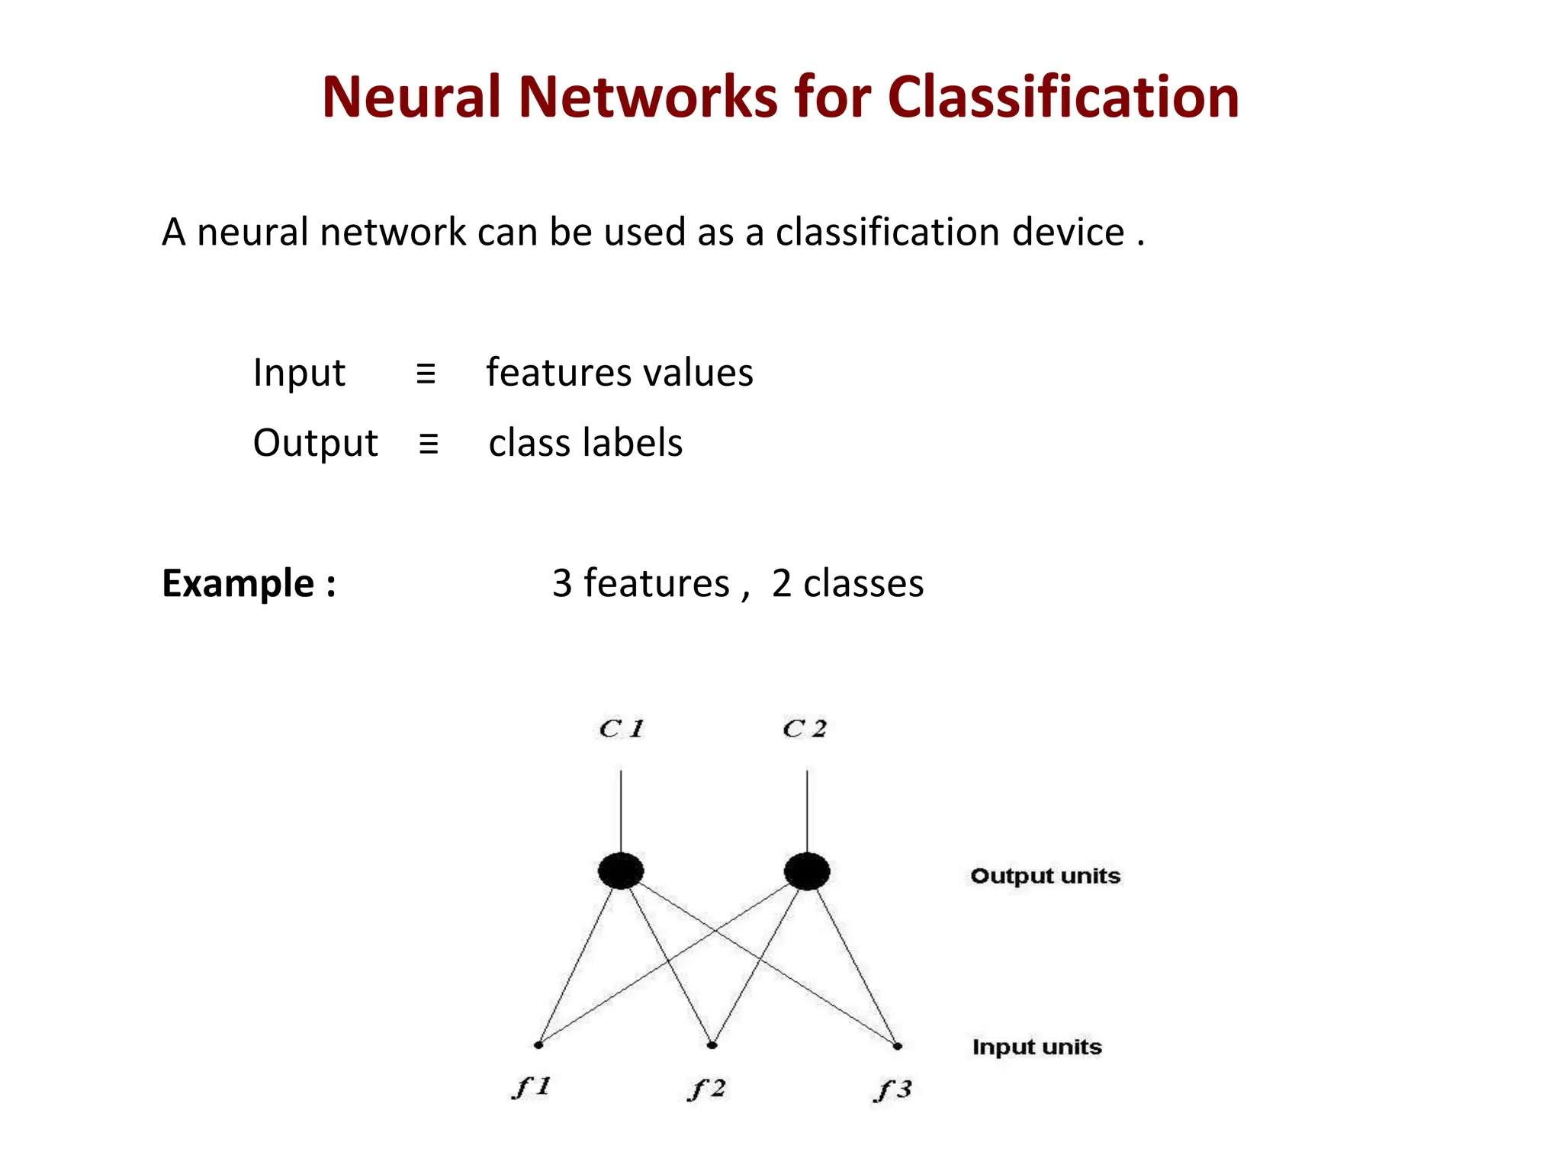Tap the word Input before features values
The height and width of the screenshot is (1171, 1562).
pyautogui.click(x=299, y=374)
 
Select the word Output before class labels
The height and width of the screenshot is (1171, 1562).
pyautogui.click(x=315, y=444)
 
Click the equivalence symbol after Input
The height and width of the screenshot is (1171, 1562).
pyautogui.click(x=426, y=374)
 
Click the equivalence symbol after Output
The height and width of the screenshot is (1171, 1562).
pyautogui.click(x=429, y=444)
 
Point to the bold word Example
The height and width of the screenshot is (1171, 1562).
pyautogui.click(x=238, y=584)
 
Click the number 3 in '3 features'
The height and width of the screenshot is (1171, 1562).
pyautogui.click(x=562, y=584)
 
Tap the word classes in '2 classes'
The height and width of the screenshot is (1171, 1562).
pyautogui.click(x=863, y=584)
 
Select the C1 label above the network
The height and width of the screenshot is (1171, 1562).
pyautogui.click(x=621, y=729)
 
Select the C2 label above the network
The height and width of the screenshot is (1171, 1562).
pyautogui.click(x=805, y=729)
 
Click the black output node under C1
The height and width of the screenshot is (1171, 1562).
pyautogui.click(x=621, y=871)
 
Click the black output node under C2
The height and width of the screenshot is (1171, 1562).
pyautogui.click(x=807, y=871)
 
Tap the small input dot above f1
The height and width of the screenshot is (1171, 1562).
pyautogui.click(x=538, y=1044)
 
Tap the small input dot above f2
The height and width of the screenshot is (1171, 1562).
pyautogui.click(x=712, y=1045)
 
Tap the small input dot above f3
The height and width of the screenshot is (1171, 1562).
pyautogui.click(x=898, y=1046)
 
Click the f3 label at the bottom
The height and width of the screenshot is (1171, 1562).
pyautogui.click(x=892, y=1090)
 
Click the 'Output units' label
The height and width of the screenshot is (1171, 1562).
pyautogui.click(x=1045, y=876)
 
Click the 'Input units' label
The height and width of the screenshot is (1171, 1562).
pyautogui.click(x=1037, y=1047)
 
